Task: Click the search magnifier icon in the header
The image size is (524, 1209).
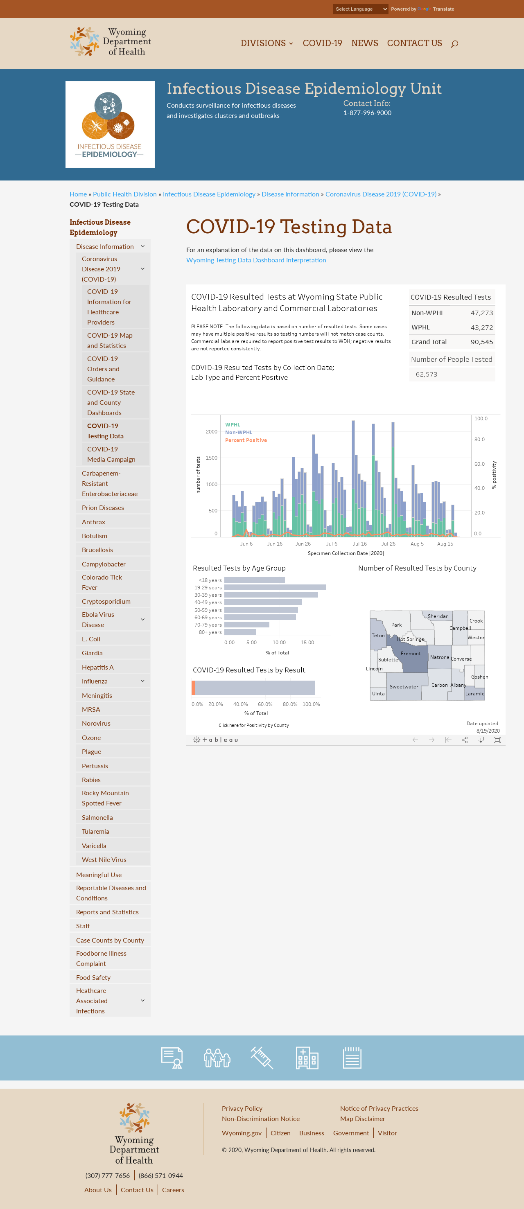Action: [x=454, y=44]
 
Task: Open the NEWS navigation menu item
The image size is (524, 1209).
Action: [x=364, y=43]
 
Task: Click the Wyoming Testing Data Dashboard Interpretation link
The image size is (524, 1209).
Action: [x=256, y=260]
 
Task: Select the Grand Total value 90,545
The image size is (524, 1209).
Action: [x=482, y=342]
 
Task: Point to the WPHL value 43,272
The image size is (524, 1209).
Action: [x=482, y=327]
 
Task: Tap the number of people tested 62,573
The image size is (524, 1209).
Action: [x=426, y=374]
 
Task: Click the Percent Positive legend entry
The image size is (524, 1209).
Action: [x=246, y=440]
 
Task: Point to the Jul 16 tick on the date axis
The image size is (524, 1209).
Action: [x=360, y=544]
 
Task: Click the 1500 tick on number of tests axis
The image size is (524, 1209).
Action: [x=212, y=458]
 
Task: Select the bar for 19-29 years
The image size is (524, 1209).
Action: [x=275, y=588]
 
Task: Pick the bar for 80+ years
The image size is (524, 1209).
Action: [x=240, y=632]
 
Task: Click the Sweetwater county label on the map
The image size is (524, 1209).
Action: [x=404, y=687]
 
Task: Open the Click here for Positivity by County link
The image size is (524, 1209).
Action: [x=253, y=725]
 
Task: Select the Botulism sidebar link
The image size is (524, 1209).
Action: [x=95, y=535]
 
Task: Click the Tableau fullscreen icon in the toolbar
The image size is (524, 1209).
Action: [x=497, y=740]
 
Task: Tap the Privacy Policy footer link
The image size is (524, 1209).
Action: [x=242, y=1108]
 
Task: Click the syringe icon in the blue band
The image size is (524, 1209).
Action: [x=262, y=1058]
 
